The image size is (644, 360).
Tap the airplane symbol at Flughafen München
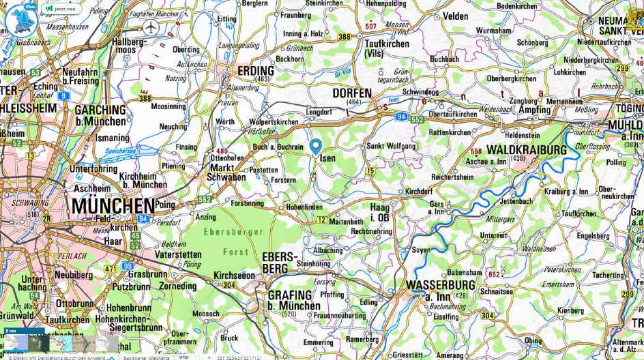pyautogui.click(x=151, y=27)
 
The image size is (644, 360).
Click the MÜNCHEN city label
pyautogui.click(x=113, y=205)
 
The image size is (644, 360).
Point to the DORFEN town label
pyautogui.click(x=352, y=93)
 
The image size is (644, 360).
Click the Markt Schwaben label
pyautogui.click(x=226, y=172)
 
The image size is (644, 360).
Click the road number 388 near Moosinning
pyautogui.click(x=145, y=98)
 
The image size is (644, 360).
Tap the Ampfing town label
pyautogui.click(x=534, y=110)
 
